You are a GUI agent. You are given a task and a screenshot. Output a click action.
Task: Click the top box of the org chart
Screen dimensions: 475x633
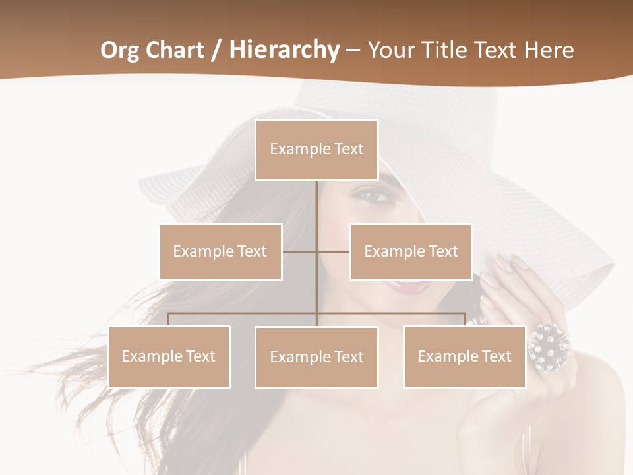coord(316,150)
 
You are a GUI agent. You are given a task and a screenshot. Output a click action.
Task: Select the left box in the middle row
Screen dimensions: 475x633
coord(220,251)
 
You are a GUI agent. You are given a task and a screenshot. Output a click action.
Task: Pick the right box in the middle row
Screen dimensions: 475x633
coord(411,251)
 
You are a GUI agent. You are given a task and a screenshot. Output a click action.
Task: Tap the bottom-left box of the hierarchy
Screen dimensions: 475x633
coord(169,356)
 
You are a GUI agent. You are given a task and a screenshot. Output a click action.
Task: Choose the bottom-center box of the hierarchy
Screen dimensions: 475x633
coord(316,357)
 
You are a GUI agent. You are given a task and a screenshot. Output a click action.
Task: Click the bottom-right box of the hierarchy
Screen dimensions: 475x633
coord(464,356)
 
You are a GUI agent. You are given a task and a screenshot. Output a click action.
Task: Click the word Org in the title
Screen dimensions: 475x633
coord(119,50)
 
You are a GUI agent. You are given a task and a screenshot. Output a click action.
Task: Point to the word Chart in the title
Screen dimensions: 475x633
coord(173,50)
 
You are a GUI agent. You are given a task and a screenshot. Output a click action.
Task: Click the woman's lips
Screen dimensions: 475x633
coord(407,286)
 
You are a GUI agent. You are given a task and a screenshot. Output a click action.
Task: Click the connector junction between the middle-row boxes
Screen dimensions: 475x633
coord(316,251)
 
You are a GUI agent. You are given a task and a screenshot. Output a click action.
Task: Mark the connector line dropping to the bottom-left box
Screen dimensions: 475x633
coord(169,319)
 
